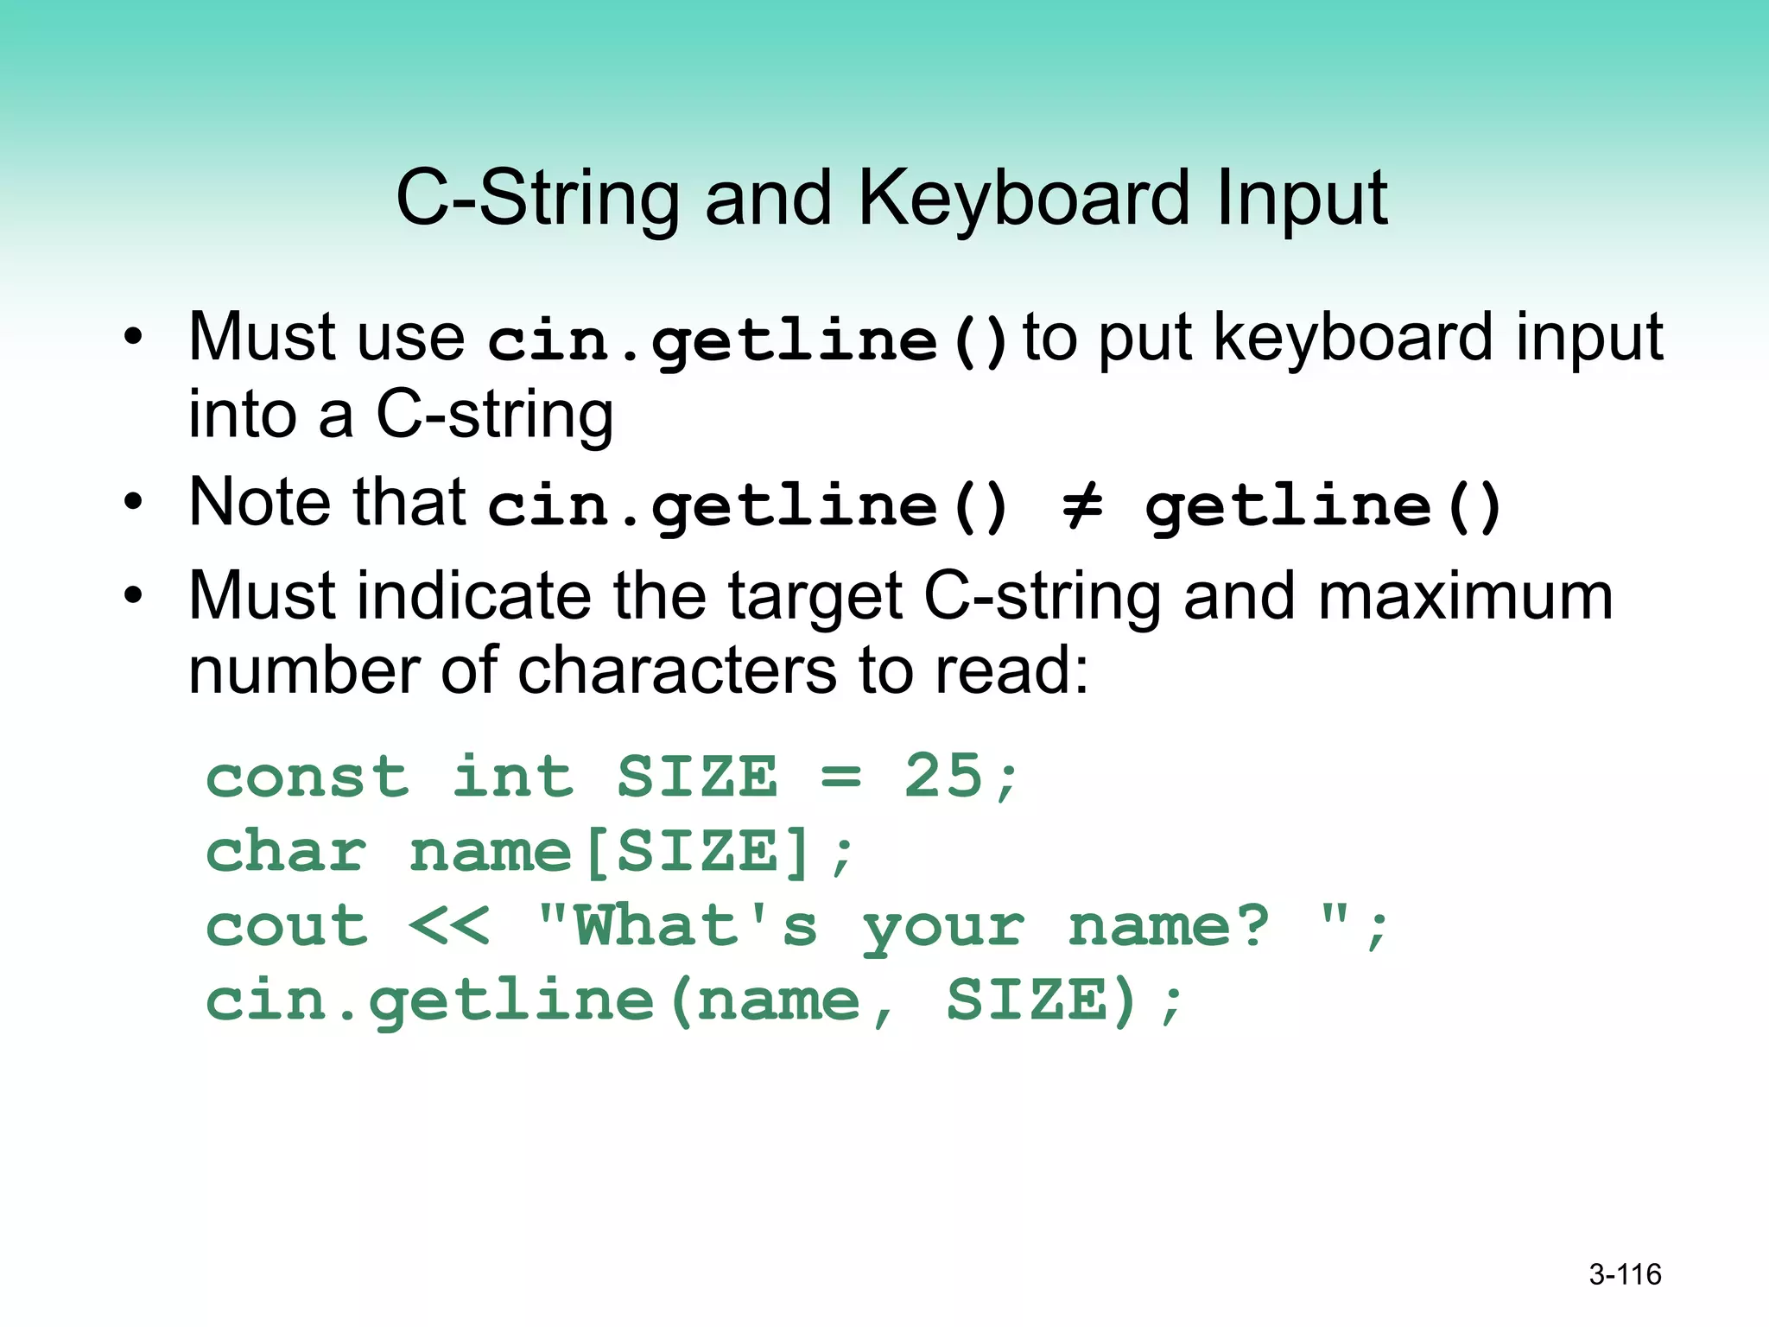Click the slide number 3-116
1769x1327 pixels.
pos(1625,1274)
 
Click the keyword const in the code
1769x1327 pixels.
pos(307,777)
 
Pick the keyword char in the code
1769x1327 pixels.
pos(286,852)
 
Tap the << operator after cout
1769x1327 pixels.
pos(448,926)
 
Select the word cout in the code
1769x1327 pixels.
pos(286,926)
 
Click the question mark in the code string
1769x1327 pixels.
pos(1251,926)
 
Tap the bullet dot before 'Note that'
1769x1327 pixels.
pos(132,501)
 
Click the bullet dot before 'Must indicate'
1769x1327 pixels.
pos(132,595)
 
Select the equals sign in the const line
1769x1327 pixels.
pos(840,777)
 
